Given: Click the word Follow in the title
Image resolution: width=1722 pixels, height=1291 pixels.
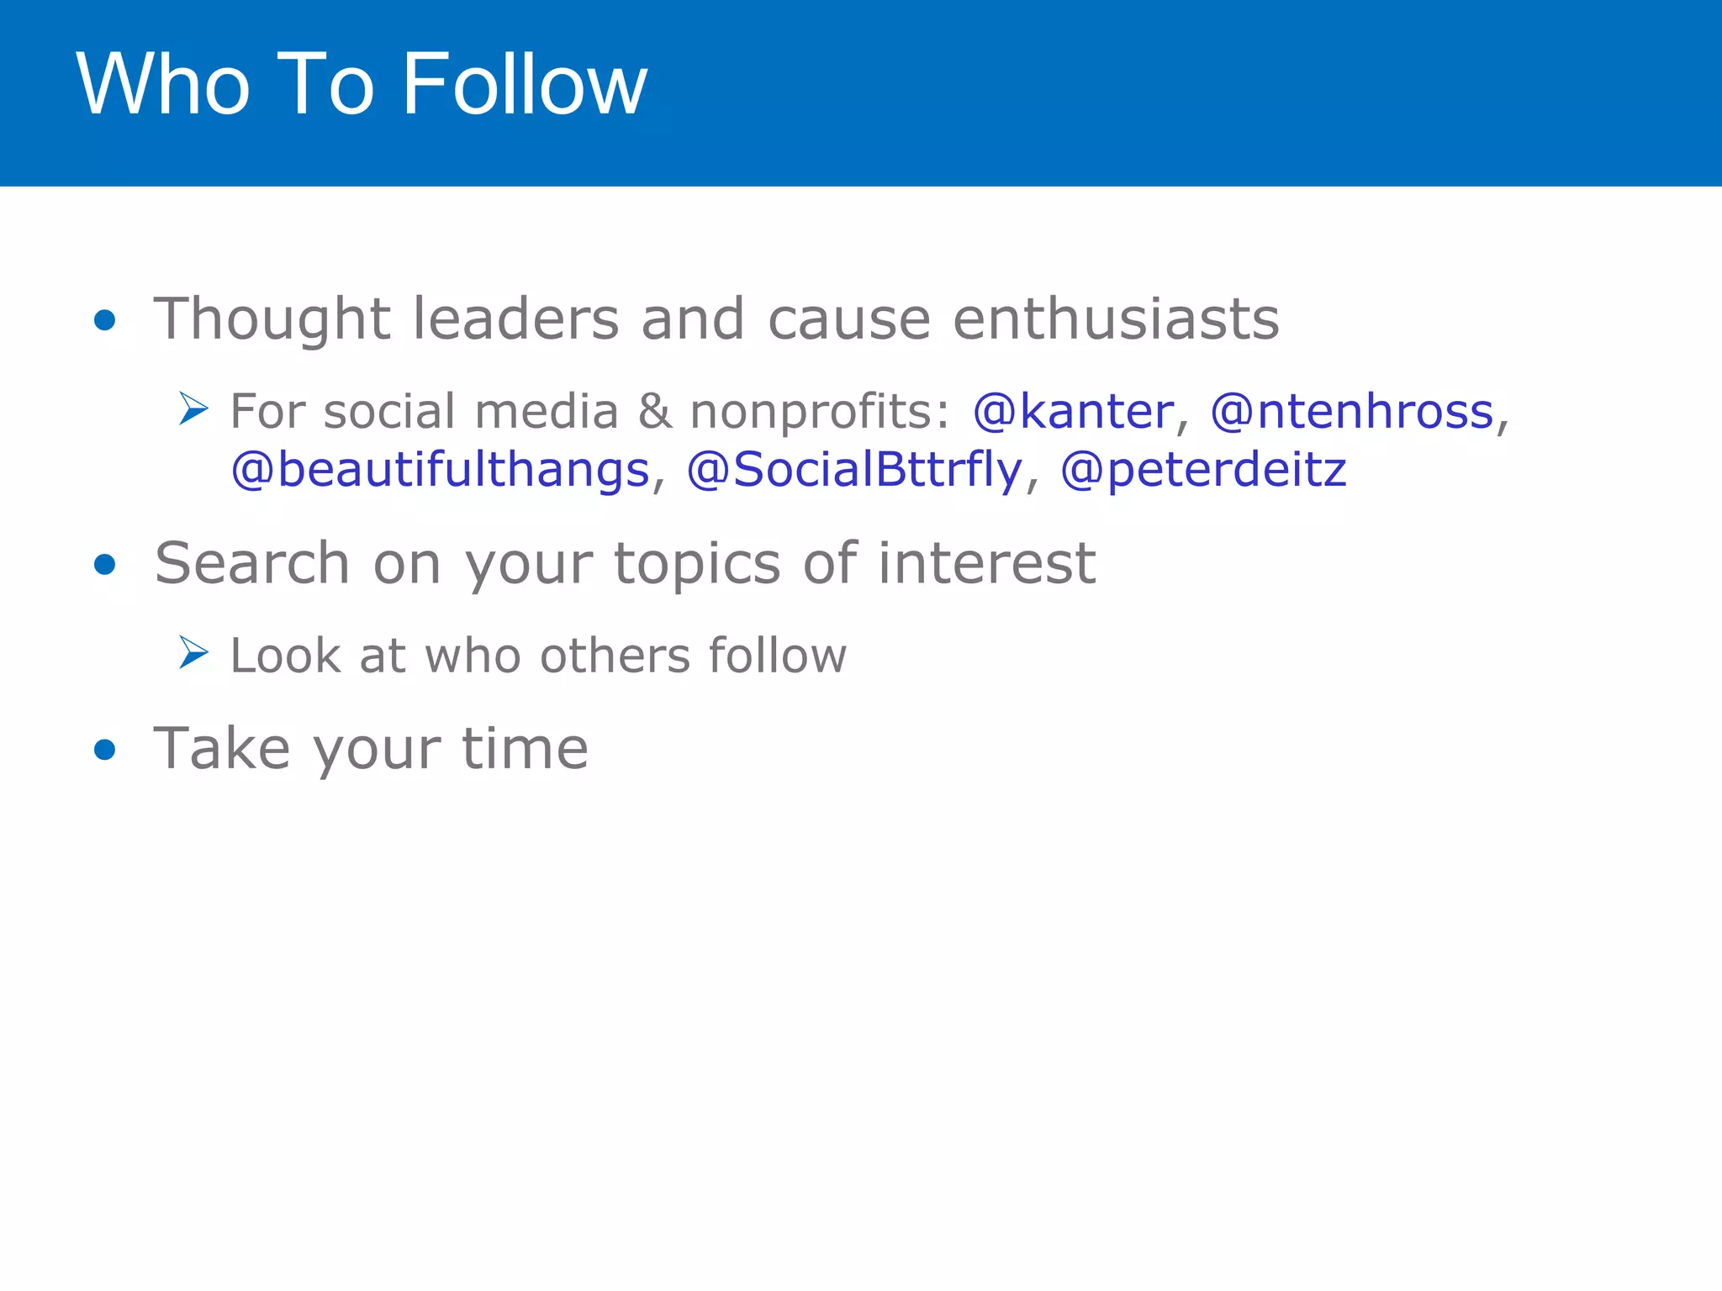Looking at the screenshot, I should pos(525,84).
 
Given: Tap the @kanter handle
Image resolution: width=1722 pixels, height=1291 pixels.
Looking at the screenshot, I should pos(1073,412).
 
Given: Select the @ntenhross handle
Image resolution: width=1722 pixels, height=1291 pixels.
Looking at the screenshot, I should pos(1352,412).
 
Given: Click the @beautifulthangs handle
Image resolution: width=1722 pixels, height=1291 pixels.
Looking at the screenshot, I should pos(441,470).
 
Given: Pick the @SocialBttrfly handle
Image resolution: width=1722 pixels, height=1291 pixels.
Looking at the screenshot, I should pos(854,470).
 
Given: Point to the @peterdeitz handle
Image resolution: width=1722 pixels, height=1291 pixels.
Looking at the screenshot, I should pos(1203,470).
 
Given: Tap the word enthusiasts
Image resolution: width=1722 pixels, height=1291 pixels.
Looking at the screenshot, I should pos(1116,319).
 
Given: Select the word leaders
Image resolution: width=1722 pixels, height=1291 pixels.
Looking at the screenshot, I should pos(515,319).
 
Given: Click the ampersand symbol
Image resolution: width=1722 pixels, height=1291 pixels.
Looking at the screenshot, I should pos(654,412).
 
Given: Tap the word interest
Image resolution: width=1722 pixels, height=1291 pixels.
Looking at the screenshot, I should pos(986,563).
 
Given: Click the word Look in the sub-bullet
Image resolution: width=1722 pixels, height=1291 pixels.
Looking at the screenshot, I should pos(284,656).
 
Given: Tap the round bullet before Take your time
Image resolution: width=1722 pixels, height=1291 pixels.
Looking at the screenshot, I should pos(105,749).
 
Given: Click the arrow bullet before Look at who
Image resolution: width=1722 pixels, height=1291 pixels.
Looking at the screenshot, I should pos(193,653).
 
